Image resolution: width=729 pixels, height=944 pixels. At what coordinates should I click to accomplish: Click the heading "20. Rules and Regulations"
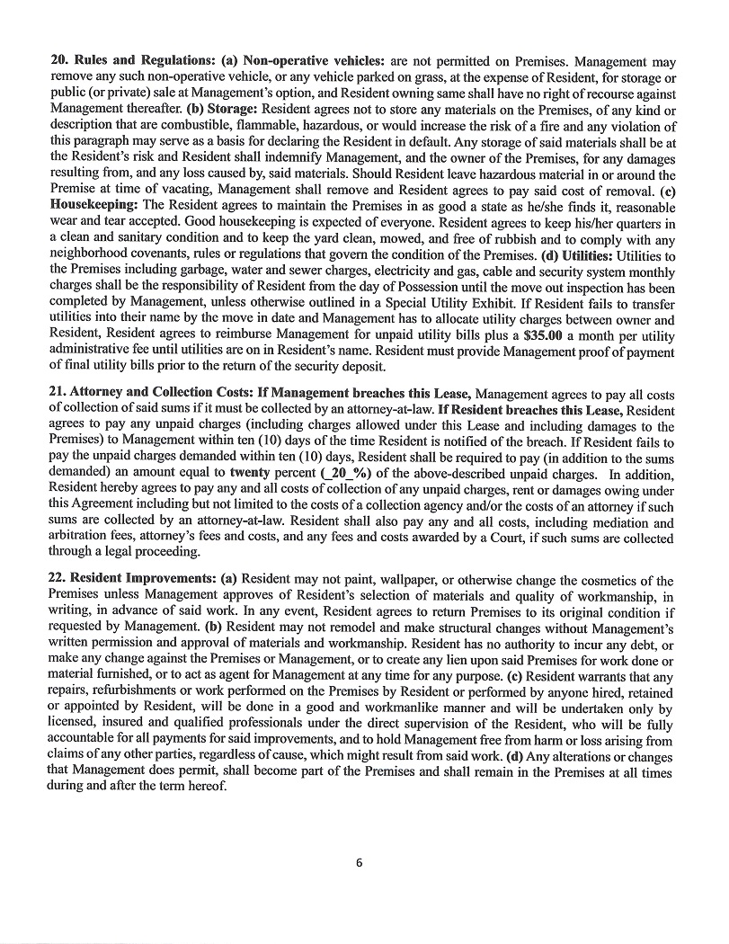click(x=125, y=61)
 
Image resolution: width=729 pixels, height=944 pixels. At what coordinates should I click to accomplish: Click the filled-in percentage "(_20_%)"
click(x=314, y=473)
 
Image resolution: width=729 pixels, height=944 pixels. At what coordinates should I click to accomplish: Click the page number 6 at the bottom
click(x=359, y=863)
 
